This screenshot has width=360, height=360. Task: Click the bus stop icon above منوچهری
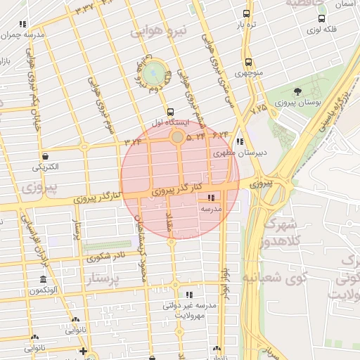248,62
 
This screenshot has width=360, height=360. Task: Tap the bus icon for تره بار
245,13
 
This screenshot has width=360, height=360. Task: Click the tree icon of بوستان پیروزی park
297,91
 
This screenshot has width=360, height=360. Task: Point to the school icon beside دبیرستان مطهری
240,141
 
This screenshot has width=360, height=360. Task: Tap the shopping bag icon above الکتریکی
46,156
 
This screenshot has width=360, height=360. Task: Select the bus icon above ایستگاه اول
170,111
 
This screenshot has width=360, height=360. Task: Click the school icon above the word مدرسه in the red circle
212,198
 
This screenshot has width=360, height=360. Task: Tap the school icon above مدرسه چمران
25,23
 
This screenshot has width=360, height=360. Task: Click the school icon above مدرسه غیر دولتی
188,294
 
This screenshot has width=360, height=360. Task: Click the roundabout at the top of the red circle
178,136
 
